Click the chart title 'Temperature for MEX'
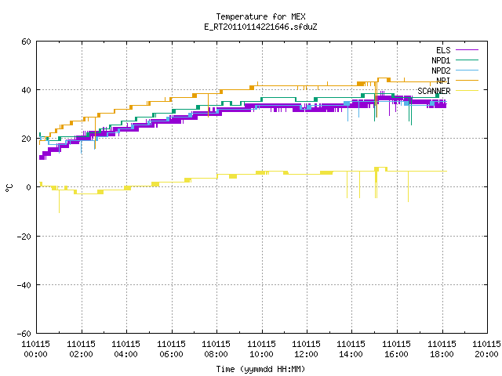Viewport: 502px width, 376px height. tap(260, 16)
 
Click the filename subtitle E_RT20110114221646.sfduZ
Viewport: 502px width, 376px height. tap(260, 27)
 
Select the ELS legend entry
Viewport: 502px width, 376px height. tap(443, 50)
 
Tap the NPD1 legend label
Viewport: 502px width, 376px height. tap(441, 60)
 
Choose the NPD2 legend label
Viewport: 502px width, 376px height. tap(441, 70)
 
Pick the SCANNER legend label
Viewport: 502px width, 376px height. tap(434, 91)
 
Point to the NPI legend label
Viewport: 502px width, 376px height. tap(443, 81)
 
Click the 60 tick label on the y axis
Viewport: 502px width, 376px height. tap(26, 42)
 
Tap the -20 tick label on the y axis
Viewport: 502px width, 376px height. tap(24, 237)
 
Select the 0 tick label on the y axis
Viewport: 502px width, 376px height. tap(28, 187)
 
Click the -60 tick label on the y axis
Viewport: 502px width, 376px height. tap(24, 334)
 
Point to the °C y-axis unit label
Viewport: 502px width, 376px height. tap(9, 188)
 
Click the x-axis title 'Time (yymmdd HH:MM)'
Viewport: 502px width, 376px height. tap(260, 369)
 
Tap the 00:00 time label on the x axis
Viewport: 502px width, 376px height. tap(36, 354)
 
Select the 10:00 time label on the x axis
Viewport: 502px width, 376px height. tap(261, 354)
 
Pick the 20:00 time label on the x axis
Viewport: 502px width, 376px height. tap(486, 354)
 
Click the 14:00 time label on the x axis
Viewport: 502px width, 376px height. tap(351, 354)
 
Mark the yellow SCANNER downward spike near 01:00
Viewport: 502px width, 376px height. tap(60, 201)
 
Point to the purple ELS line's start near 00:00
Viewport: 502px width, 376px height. tap(40, 157)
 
